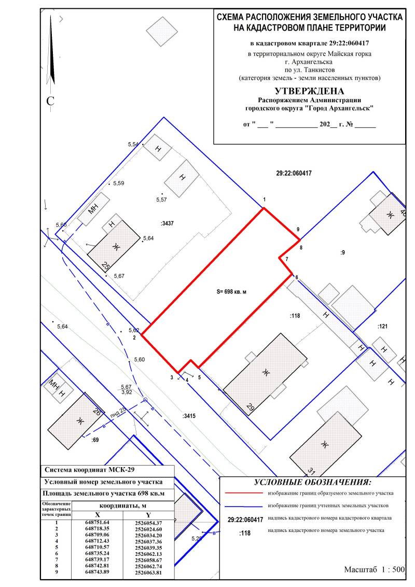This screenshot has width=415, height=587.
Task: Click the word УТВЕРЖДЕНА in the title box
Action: click(309, 91)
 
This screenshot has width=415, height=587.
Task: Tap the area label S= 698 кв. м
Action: click(231, 292)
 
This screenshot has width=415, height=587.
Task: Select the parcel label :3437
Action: click(167, 224)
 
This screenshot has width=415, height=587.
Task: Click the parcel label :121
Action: click(382, 326)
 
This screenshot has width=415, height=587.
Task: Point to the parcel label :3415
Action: click(189, 416)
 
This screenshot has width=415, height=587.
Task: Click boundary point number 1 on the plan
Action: click(264, 199)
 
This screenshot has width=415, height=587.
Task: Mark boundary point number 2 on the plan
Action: click(134, 337)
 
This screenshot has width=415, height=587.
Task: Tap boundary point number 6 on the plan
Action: click(297, 277)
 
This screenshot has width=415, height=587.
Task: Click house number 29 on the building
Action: click(251, 407)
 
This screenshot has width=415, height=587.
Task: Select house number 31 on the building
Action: click(312, 470)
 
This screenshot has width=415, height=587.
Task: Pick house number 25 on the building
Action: click(106, 267)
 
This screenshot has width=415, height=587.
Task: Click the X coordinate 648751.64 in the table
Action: click(98, 522)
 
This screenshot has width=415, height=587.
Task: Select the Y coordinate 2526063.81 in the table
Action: click(148, 572)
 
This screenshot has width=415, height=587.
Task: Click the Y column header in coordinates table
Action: click(148, 515)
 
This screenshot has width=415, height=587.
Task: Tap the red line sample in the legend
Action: click(244, 493)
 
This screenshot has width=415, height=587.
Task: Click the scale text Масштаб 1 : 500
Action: click(374, 569)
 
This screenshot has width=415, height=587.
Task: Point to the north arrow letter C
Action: click(50, 101)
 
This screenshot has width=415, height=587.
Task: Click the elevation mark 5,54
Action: click(133, 144)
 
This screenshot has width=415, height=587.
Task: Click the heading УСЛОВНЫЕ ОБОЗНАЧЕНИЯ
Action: click(312, 482)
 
